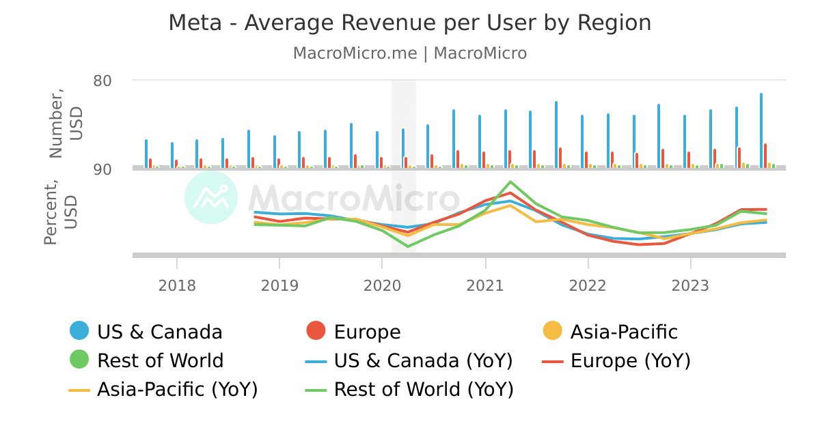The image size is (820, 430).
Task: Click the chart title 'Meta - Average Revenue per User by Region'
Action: click(x=409, y=23)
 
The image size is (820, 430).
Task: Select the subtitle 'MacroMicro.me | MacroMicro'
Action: click(x=409, y=53)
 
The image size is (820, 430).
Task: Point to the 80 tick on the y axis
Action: click(x=102, y=81)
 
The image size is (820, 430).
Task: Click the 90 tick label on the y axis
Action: click(x=102, y=169)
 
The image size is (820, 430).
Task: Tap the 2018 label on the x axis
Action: click(x=177, y=285)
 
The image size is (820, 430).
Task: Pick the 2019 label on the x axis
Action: click(x=279, y=285)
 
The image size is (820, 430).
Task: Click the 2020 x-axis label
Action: click(x=382, y=285)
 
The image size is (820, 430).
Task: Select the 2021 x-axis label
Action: click(x=485, y=285)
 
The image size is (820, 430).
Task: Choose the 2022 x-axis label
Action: click(x=588, y=285)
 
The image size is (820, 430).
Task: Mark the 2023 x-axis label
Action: click(x=691, y=285)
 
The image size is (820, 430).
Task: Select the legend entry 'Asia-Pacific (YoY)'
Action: click(x=164, y=389)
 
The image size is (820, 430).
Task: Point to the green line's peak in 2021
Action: click(x=510, y=182)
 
